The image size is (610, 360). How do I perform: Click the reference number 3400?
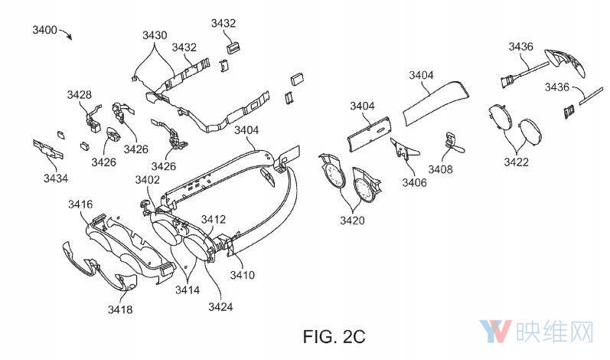click(x=45, y=30)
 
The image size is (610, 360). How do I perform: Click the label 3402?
click(x=148, y=179)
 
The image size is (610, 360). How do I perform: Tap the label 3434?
click(x=55, y=178)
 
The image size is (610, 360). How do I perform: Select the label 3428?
click(x=79, y=95)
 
